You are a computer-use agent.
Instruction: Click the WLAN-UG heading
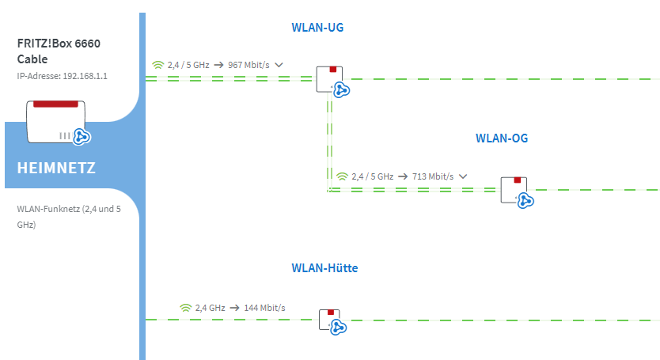point(317,28)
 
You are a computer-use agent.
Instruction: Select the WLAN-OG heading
point(501,138)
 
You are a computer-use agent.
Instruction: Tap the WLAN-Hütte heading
point(324,268)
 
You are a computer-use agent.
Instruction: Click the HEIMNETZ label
point(56,168)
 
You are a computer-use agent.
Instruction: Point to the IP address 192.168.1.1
point(62,77)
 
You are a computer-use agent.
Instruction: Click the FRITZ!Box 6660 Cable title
point(59,51)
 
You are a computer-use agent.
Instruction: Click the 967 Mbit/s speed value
point(248,65)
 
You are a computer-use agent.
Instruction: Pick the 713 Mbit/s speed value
point(433,176)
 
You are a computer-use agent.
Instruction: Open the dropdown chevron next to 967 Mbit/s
point(279,65)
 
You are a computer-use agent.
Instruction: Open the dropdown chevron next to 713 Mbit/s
point(463,176)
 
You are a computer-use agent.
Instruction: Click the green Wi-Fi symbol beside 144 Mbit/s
point(185,307)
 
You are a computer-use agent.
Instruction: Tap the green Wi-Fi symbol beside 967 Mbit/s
point(157,65)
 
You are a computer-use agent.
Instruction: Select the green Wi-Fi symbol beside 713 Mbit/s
point(342,176)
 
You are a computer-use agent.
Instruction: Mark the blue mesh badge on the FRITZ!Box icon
point(82,137)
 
